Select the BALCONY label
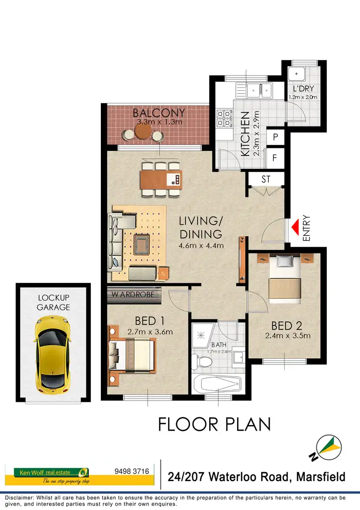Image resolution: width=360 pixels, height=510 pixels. [159, 113]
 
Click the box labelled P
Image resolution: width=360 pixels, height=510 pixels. [275, 137]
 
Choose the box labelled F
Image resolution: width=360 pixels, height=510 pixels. [275, 157]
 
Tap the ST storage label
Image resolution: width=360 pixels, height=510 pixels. [267, 180]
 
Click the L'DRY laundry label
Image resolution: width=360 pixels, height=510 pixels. [303, 89]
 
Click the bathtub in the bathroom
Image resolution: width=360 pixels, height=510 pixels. [217, 385]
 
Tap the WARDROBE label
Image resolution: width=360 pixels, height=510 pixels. [133, 294]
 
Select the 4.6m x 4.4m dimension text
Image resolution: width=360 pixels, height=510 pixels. [202, 246]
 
